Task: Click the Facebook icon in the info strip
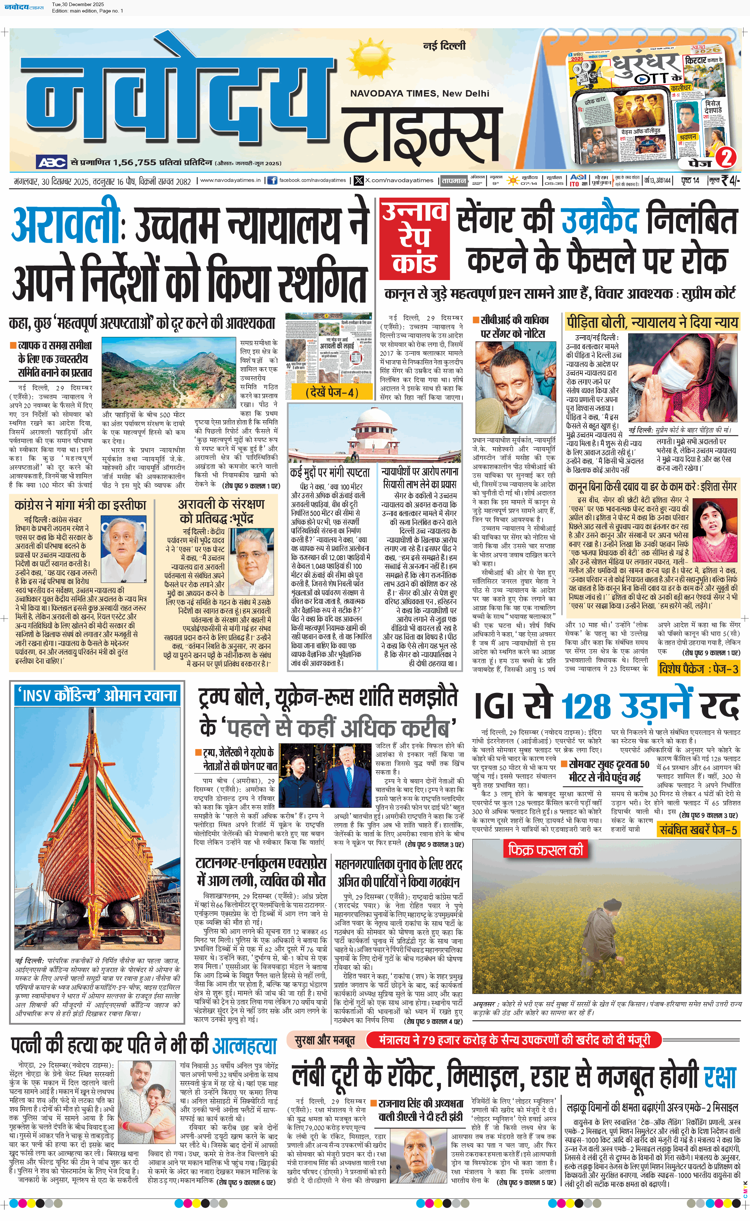pyautogui.click(x=272, y=181)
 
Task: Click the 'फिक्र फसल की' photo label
pyautogui.click(x=545, y=850)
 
